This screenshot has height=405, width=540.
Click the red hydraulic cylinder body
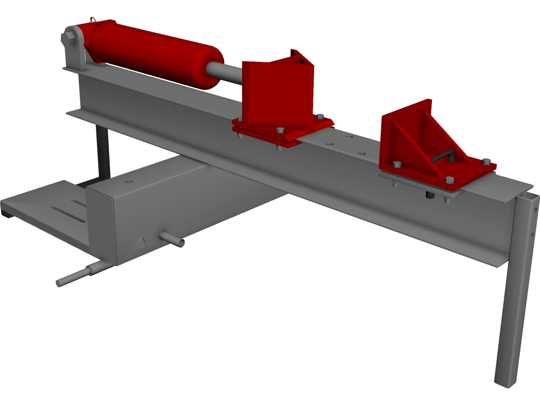152,54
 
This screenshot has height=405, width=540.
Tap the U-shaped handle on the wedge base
442,157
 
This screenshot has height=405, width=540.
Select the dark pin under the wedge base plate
430,195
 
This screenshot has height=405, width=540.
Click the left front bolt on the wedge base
397,164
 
